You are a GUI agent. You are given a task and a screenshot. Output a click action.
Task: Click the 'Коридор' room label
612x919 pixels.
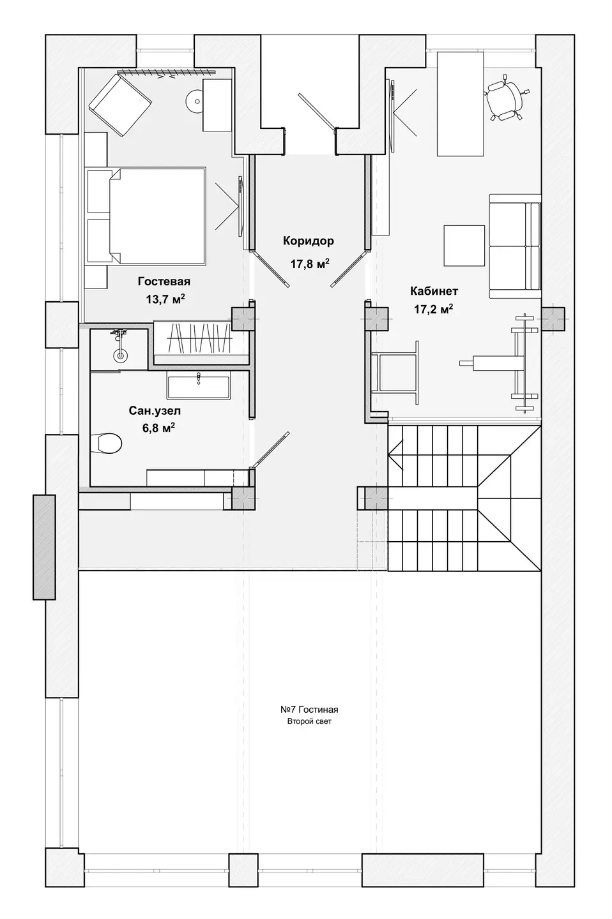(x=308, y=241)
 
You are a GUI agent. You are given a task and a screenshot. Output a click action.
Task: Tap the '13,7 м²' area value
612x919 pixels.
(x=165, y=299)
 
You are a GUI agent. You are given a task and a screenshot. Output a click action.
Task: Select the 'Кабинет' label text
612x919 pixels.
(x=434, y=291)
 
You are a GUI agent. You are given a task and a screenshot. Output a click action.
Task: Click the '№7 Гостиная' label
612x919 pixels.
(x=309, y=710)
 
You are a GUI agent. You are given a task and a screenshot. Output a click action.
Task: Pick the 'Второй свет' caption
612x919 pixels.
(x=309, y=722)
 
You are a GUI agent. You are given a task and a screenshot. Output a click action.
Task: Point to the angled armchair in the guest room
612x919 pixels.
(x=120, y=105)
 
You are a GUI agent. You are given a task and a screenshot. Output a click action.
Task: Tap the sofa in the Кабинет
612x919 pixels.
(x=514, y=246)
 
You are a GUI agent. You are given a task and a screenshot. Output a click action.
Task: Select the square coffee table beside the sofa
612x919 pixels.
(x=464, y=245)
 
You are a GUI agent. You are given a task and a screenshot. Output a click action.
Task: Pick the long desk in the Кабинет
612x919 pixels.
(x=460, y=103)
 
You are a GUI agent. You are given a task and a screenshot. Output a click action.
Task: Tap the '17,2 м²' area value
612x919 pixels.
(x=433, y=308)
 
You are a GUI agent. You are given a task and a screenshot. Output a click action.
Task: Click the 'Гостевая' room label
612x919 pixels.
(x=164, y=281)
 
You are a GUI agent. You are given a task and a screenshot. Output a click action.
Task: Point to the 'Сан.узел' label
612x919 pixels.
(x=155, y=411)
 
